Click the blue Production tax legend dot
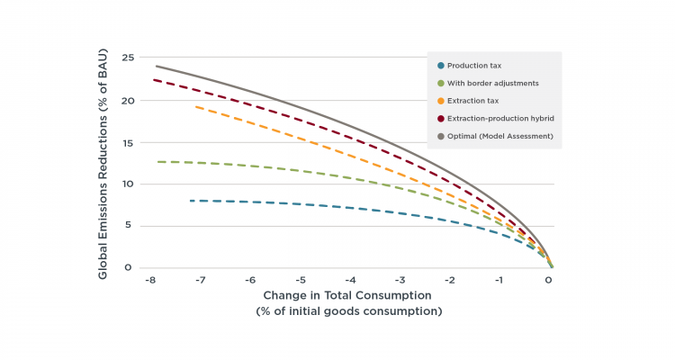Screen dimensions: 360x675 [x=438, y=66]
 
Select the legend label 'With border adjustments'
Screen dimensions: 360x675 [x=493, y=83]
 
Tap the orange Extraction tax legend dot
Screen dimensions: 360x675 [x=438, y=100]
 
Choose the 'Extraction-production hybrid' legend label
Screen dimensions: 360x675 [x=500, y=117]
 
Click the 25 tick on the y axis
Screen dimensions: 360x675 [x=128, y=58]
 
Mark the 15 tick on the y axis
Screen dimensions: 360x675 [x=128, y=142]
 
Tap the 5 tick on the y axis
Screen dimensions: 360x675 [x=130, y=226]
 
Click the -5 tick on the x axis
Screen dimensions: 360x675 [x=301, y=280]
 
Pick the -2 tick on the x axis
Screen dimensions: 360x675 [x=450, y=280]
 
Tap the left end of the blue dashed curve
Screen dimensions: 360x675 [x=191, y=201]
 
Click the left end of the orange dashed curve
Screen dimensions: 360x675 [x=196, y=106]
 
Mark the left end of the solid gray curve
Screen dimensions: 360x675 [x=157, y=66]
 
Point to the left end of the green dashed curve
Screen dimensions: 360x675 [x=157, y=162]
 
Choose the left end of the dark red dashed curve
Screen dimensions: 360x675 [x=153, y=80]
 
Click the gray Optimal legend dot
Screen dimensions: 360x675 [x=438, y=134]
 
